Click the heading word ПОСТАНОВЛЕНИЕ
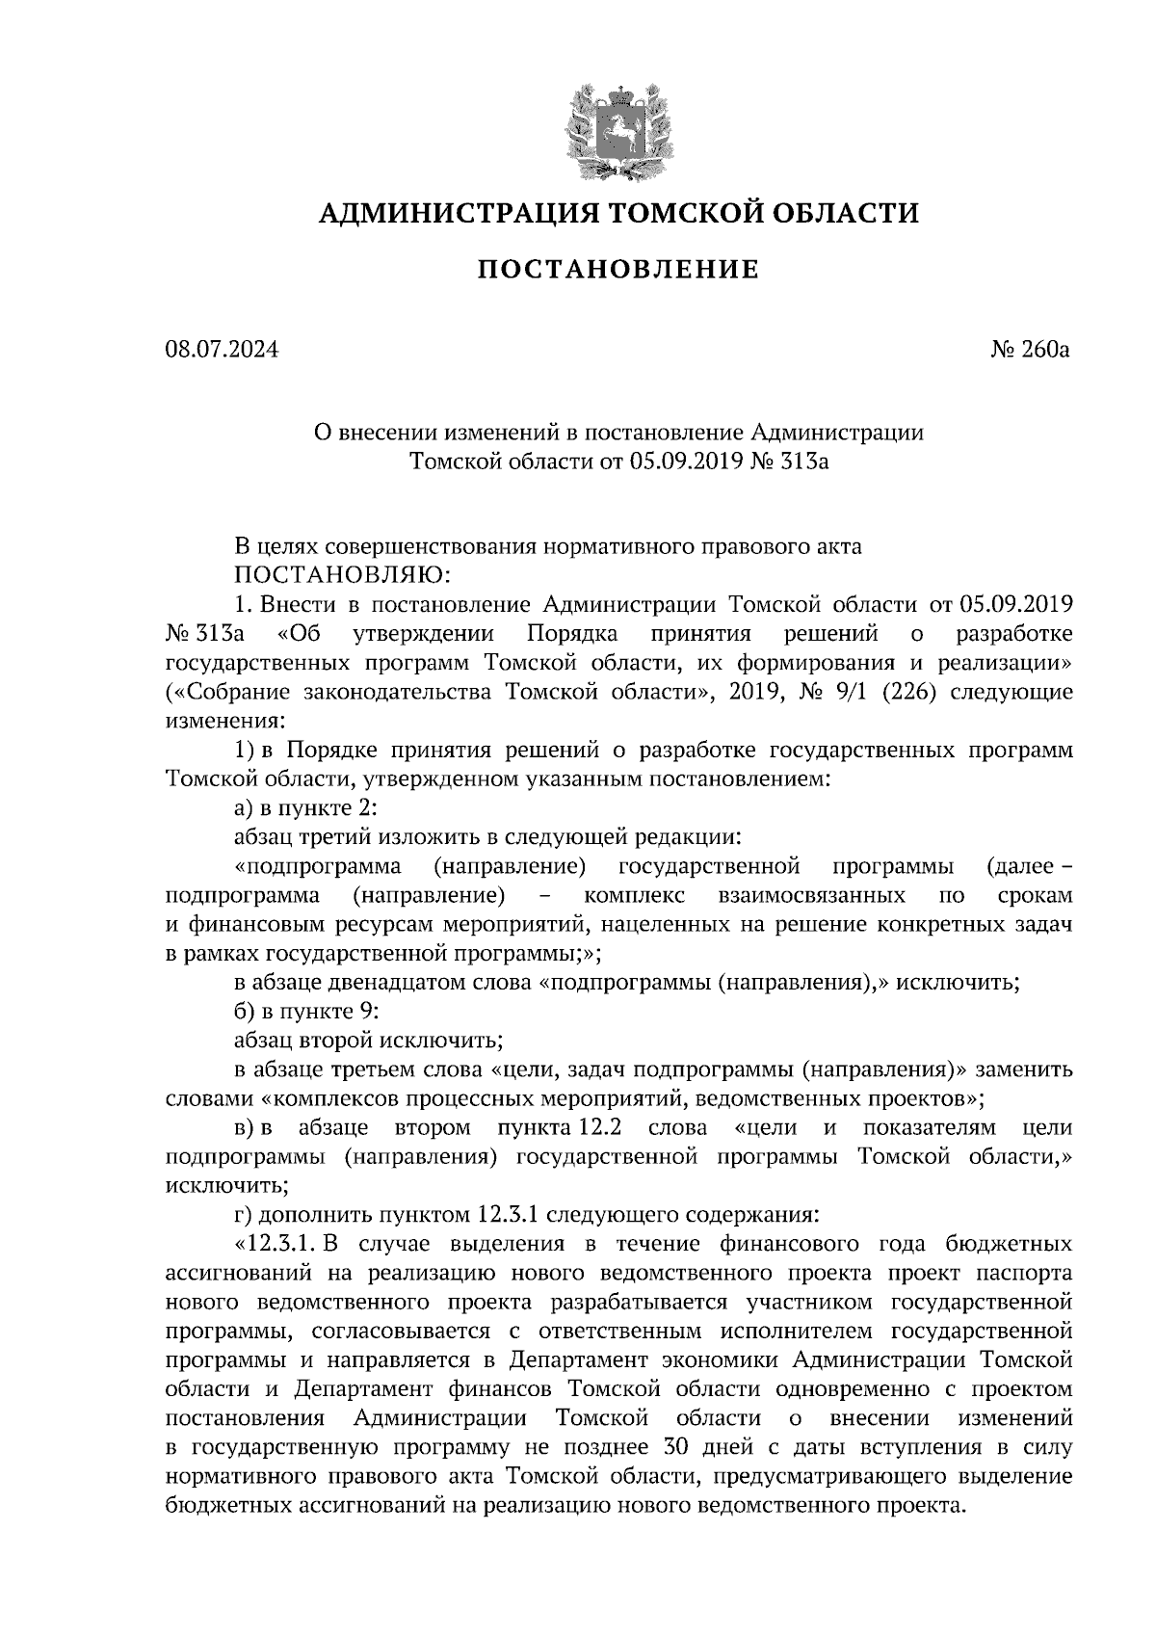coord(618,270)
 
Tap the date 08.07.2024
coord(222,349)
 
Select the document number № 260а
coord(1030,349)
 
